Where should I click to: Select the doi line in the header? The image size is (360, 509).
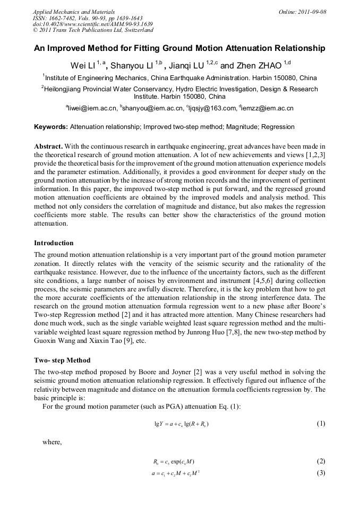coord(93,24)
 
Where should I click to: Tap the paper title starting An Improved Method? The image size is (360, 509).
coord(179,48)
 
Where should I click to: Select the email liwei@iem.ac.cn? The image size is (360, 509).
coord(91,108)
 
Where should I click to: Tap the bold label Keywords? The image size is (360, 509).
coord(51,127)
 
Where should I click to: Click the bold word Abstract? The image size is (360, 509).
coord(49,146)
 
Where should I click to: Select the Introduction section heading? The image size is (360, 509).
coord(54,243)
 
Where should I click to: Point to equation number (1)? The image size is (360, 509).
coord(320,424)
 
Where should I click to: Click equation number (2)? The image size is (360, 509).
coord(320,461)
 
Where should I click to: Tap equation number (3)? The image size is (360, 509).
coord(320,472)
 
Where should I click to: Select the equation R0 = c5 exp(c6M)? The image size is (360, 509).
coord(176,461)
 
